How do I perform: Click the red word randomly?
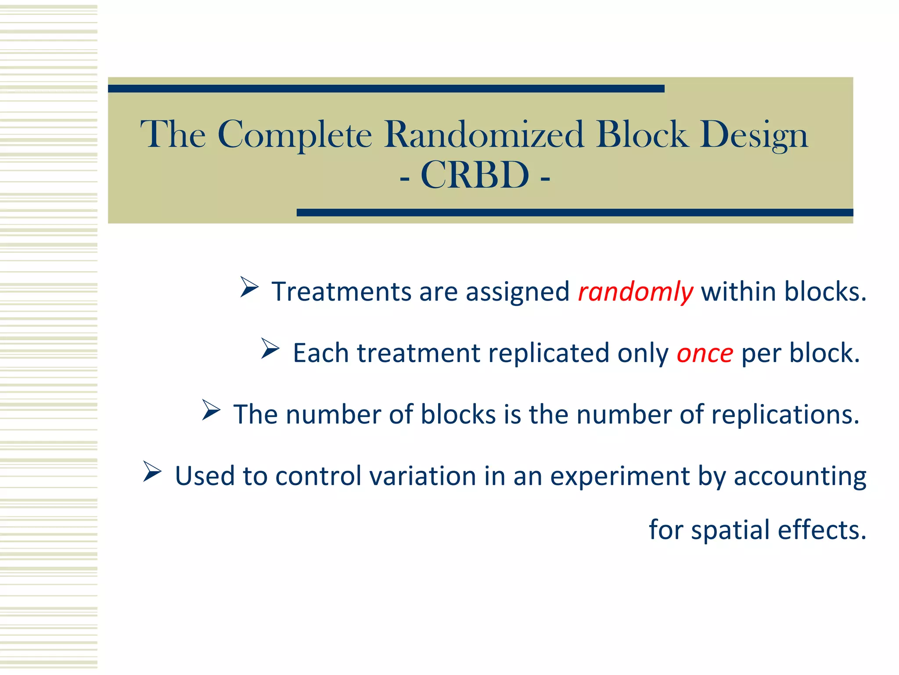coord(636,292)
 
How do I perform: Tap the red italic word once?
coord(705,353)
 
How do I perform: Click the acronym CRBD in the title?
coord(475,175)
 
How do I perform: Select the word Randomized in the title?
coord(484,134)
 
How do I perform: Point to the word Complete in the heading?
coord(295,135)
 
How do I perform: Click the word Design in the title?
coord(754,135)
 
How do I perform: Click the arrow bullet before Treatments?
coord(249,287)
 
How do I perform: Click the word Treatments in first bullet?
coord(342,292)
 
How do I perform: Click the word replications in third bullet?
coord(785,415)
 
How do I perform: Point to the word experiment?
coord(620,477)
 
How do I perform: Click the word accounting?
coord(800,477)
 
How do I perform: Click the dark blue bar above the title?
coord(386,89)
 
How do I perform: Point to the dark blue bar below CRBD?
coord(575,213)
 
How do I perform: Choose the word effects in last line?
coord(822,530)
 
